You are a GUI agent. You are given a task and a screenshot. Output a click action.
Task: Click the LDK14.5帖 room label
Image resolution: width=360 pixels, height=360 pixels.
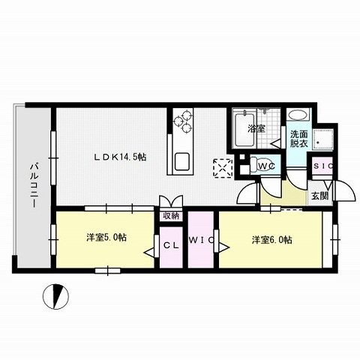click(x=119, y=157)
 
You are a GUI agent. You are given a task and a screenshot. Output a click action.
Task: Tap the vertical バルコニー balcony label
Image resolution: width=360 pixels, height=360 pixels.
click(x=34, y=186)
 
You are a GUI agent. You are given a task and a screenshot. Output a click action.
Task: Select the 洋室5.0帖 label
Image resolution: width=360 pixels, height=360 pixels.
click(x=106, y=238)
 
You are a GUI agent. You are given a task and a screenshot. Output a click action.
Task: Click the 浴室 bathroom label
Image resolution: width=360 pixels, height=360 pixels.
click(x=257, y=128)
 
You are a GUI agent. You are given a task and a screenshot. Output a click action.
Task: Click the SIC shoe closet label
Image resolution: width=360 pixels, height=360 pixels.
click(x=322, y=166)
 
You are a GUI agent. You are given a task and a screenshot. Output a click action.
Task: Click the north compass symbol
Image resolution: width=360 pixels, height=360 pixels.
click(x=54, y=298)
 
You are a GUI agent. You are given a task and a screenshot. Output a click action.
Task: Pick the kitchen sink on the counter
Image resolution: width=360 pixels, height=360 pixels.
click(x=182, y=161)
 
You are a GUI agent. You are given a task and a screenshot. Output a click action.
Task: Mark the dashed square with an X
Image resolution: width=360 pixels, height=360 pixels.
click(x=223, y=166)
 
